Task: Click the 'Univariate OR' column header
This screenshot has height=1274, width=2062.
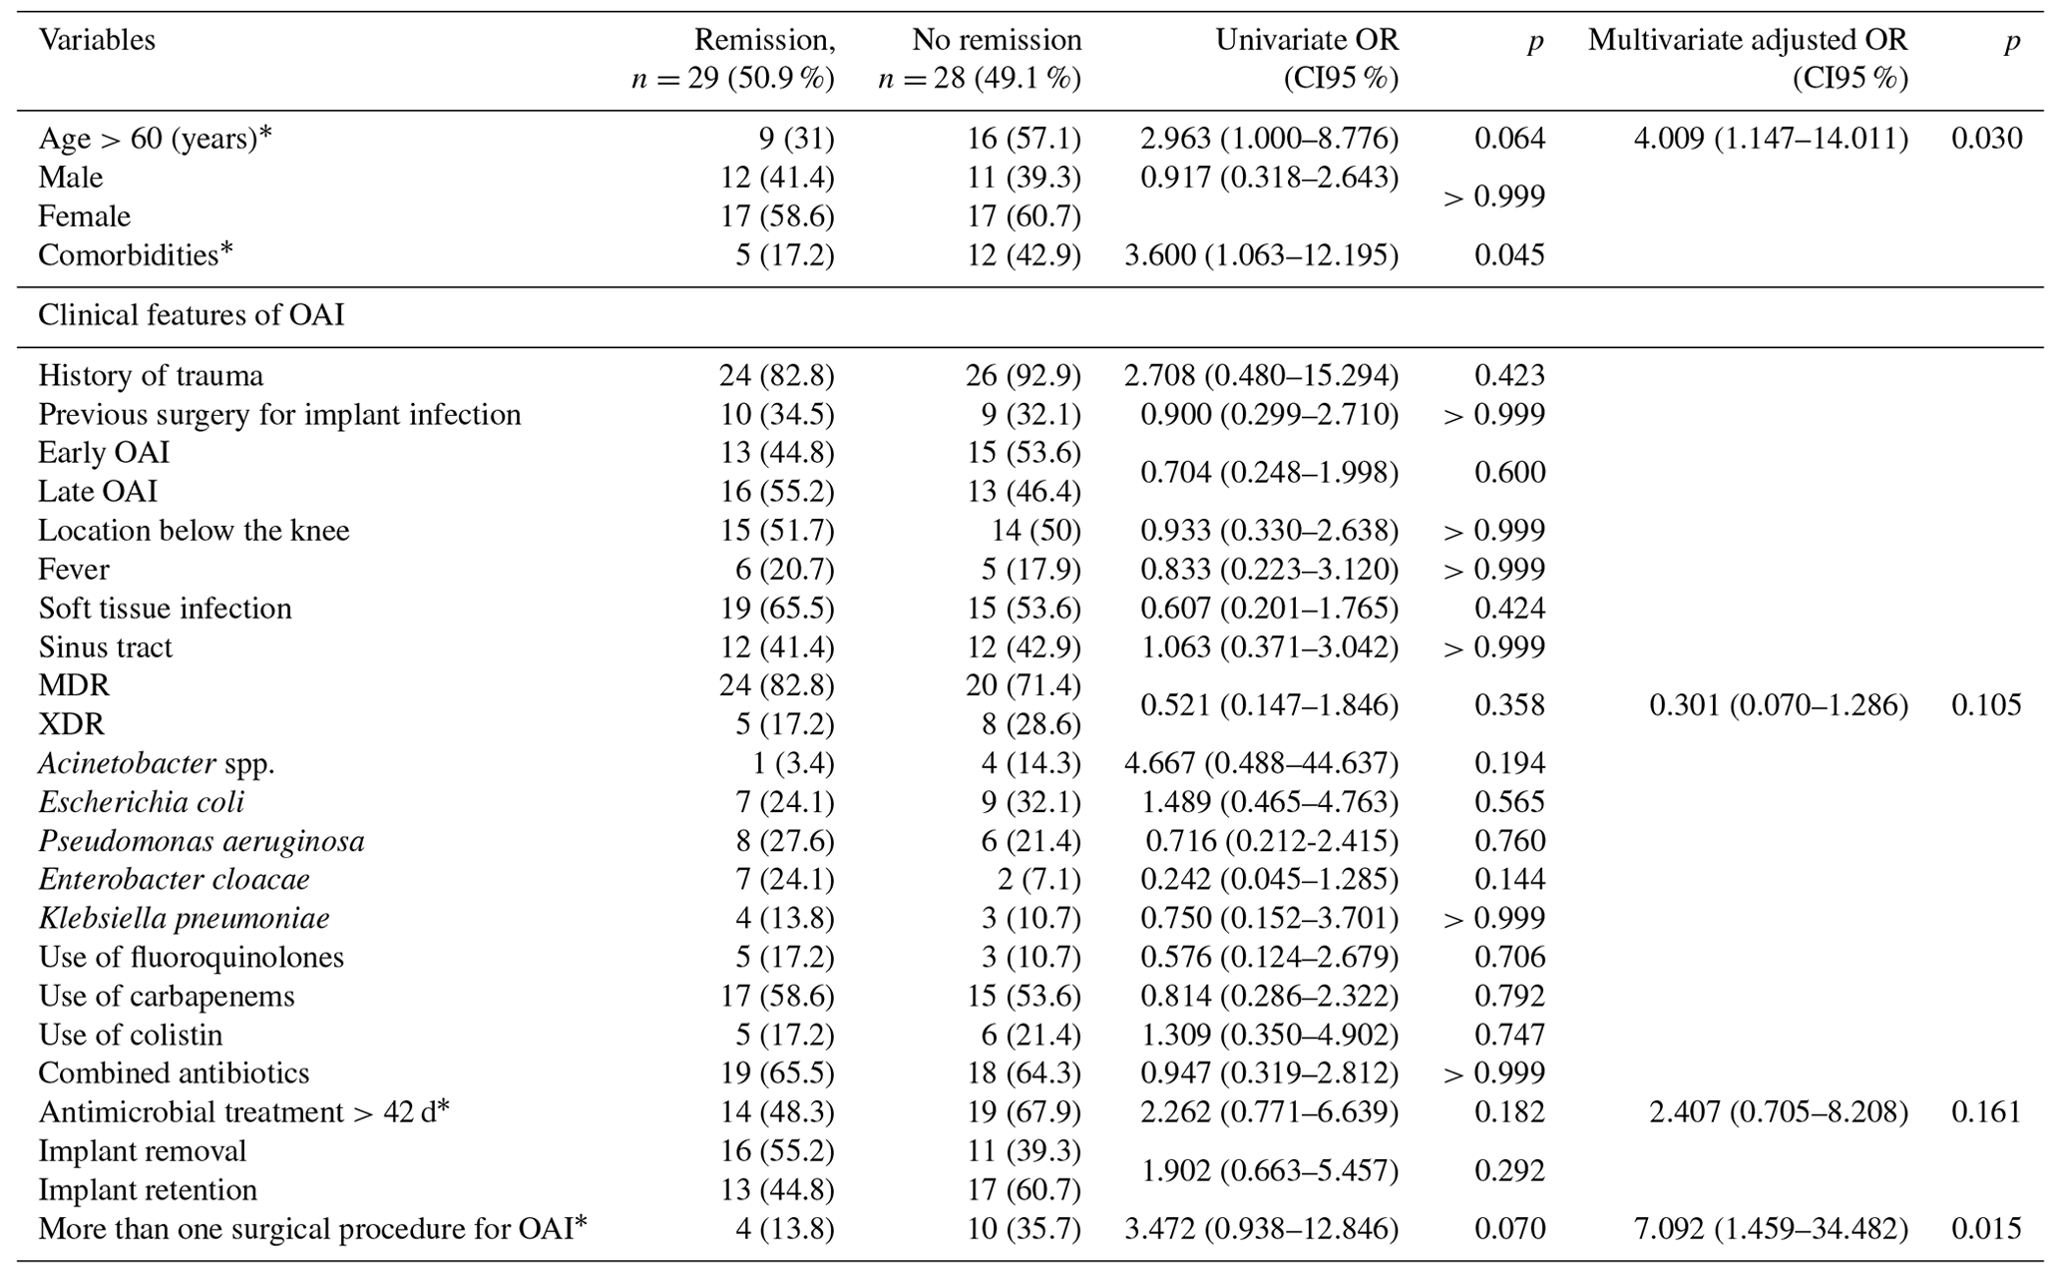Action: point(1306,40)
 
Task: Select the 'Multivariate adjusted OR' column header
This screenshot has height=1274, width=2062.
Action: point(1747,40)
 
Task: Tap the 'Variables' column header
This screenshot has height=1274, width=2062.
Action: point(97,40)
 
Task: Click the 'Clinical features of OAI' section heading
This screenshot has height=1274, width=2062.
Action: point(191,315)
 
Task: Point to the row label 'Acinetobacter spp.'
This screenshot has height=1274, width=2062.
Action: point(157,763)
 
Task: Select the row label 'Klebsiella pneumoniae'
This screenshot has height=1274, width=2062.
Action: point(184,918)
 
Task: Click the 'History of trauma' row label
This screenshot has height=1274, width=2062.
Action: point(151,375)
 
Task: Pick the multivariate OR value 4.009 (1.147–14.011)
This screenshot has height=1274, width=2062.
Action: point(1770,138)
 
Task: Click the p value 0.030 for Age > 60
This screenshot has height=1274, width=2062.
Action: point(1986,138)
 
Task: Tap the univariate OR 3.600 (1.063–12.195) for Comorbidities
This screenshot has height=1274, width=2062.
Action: point(1261,254)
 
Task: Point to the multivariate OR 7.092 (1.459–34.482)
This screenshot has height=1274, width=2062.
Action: point(1770,1228)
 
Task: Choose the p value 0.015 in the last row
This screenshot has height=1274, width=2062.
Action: point(1986,1228)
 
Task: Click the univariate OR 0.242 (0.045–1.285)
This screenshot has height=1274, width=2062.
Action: point(1269,879)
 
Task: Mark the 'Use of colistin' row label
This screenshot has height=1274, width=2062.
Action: point(131,1035)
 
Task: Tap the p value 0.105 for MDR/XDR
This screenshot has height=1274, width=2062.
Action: point(1986,705)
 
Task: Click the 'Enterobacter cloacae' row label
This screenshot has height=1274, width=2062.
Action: point(174,879)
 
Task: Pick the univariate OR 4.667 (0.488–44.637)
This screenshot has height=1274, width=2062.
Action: point(1261,763)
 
